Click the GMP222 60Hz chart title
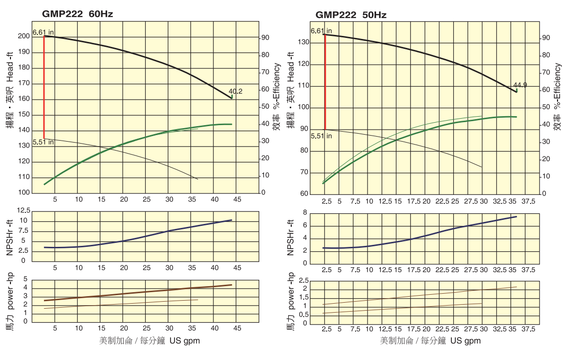click(x=77, y=14)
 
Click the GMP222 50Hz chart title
click(x=351, y=15)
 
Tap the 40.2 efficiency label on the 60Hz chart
click(x=235, y=91)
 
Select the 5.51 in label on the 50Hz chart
click(x=321, y=136)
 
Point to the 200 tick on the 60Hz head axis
click(x=23, y=36)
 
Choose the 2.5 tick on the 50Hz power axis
click(x=302, y=281)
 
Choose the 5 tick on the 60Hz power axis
click(x=26, y=280)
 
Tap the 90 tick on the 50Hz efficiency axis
click(x=546, y=38)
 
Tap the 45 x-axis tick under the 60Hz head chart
click(x=237, y=199)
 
